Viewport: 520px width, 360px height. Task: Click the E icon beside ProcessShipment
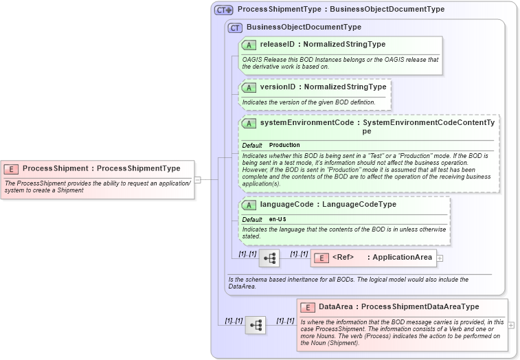pos(11,168)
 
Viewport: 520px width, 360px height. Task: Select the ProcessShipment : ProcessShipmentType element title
pos(101,168)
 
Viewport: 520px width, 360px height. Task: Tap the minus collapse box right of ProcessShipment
pos(198,180)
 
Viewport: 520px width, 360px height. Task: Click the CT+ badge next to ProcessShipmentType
pos(224,10)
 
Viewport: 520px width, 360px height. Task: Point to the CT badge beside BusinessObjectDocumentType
pos(235,27)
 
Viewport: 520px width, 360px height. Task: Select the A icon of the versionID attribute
pos(249,87)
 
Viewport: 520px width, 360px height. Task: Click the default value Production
pos(284,145)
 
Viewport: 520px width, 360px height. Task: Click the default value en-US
pos(278,219)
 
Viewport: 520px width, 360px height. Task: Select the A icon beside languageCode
pos(249,205)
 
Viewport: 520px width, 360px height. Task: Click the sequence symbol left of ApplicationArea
pos(269,258)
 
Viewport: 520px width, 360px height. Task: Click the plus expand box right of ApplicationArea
pos(440,258)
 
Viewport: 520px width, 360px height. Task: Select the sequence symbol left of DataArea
pos(256,325)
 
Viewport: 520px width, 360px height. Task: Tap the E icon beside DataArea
pos(307,307)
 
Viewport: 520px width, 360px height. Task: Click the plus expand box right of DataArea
pos(510,325)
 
